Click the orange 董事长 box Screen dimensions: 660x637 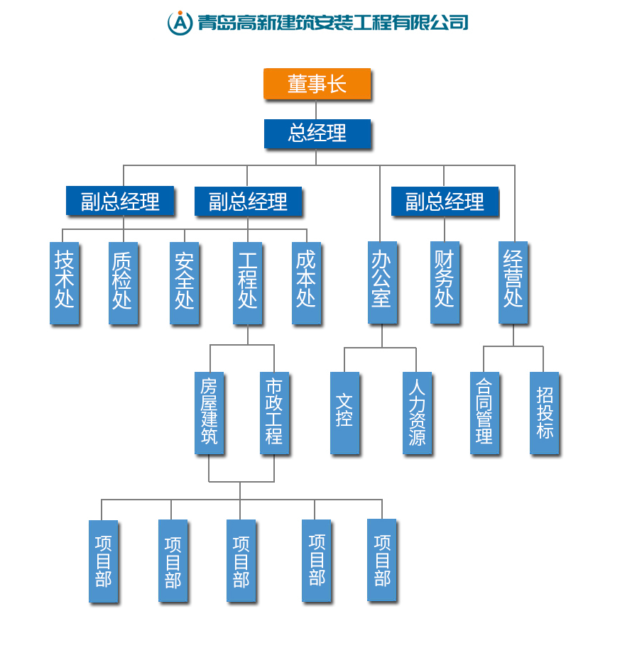pos(317,84)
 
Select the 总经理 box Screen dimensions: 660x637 pos(317,133)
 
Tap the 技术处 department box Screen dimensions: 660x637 pos(64,282)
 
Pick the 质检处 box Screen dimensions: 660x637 pos(123,282)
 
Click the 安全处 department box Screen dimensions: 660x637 pos(184,282)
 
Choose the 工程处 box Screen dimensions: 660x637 pos(247,282)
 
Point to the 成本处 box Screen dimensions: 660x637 pos(306,282)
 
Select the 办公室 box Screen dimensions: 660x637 pos(382,282)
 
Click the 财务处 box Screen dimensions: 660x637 pos(445,282)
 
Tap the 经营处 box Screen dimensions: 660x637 pos(513,282)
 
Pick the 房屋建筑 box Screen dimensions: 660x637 pos(209,412)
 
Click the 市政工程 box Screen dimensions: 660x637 pos(274,412)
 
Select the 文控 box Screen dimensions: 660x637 pos(344,412)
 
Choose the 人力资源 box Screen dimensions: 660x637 pos(417,412)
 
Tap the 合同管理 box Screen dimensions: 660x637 pos(484,412)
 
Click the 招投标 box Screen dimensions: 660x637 pos(544,412)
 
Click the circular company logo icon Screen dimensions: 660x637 pos(180,23)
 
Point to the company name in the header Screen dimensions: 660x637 pos(332,23)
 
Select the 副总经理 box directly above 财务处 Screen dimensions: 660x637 pos(445,202)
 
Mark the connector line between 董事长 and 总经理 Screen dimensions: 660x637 pos(316,109)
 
